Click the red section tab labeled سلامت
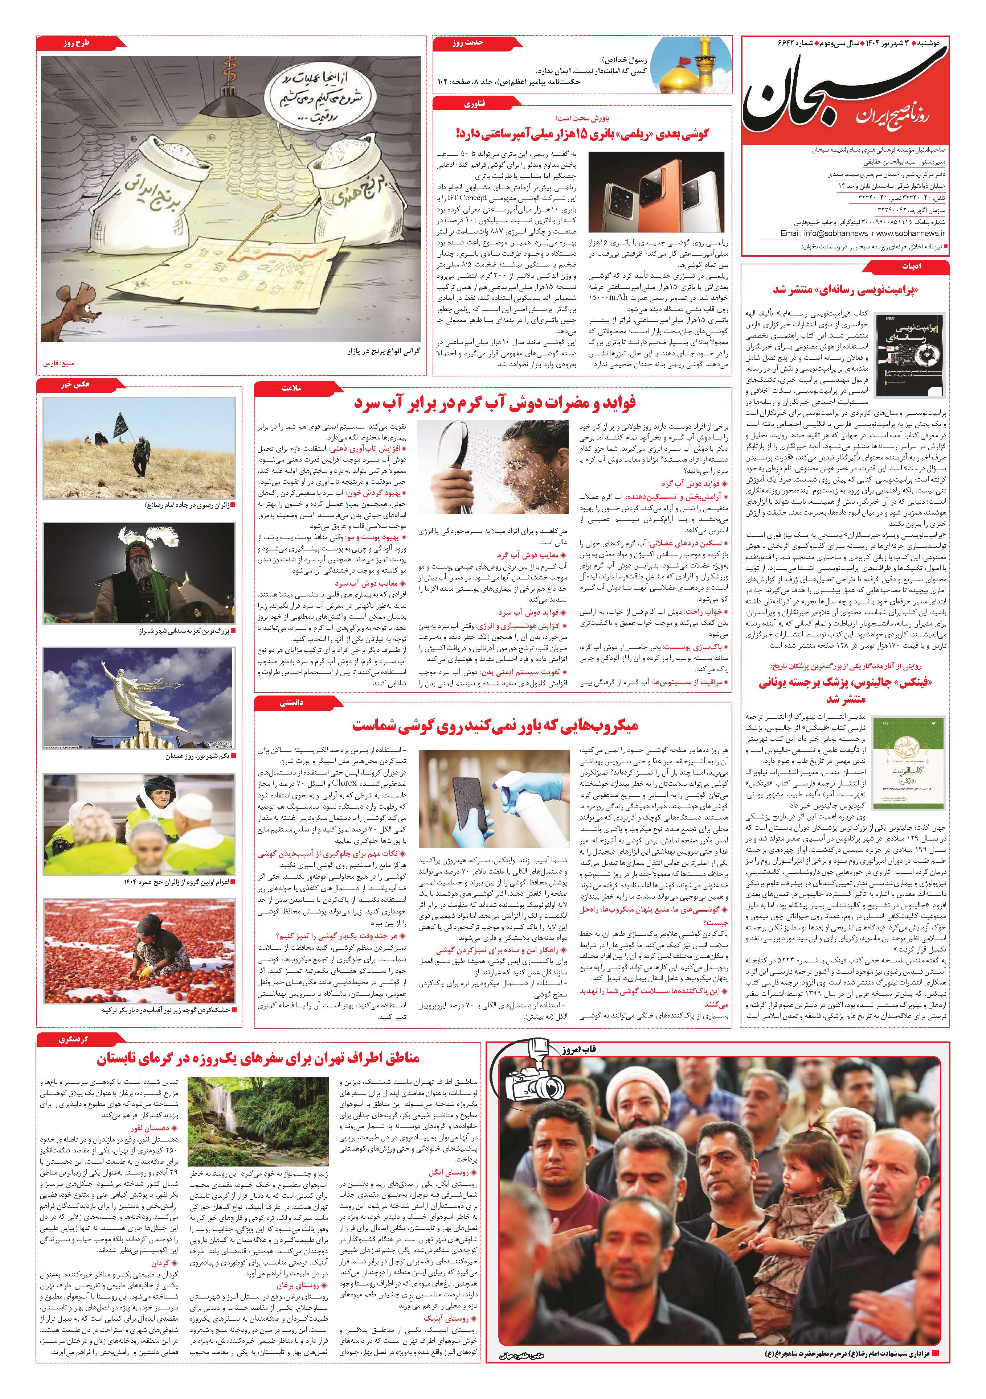point(283,388)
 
